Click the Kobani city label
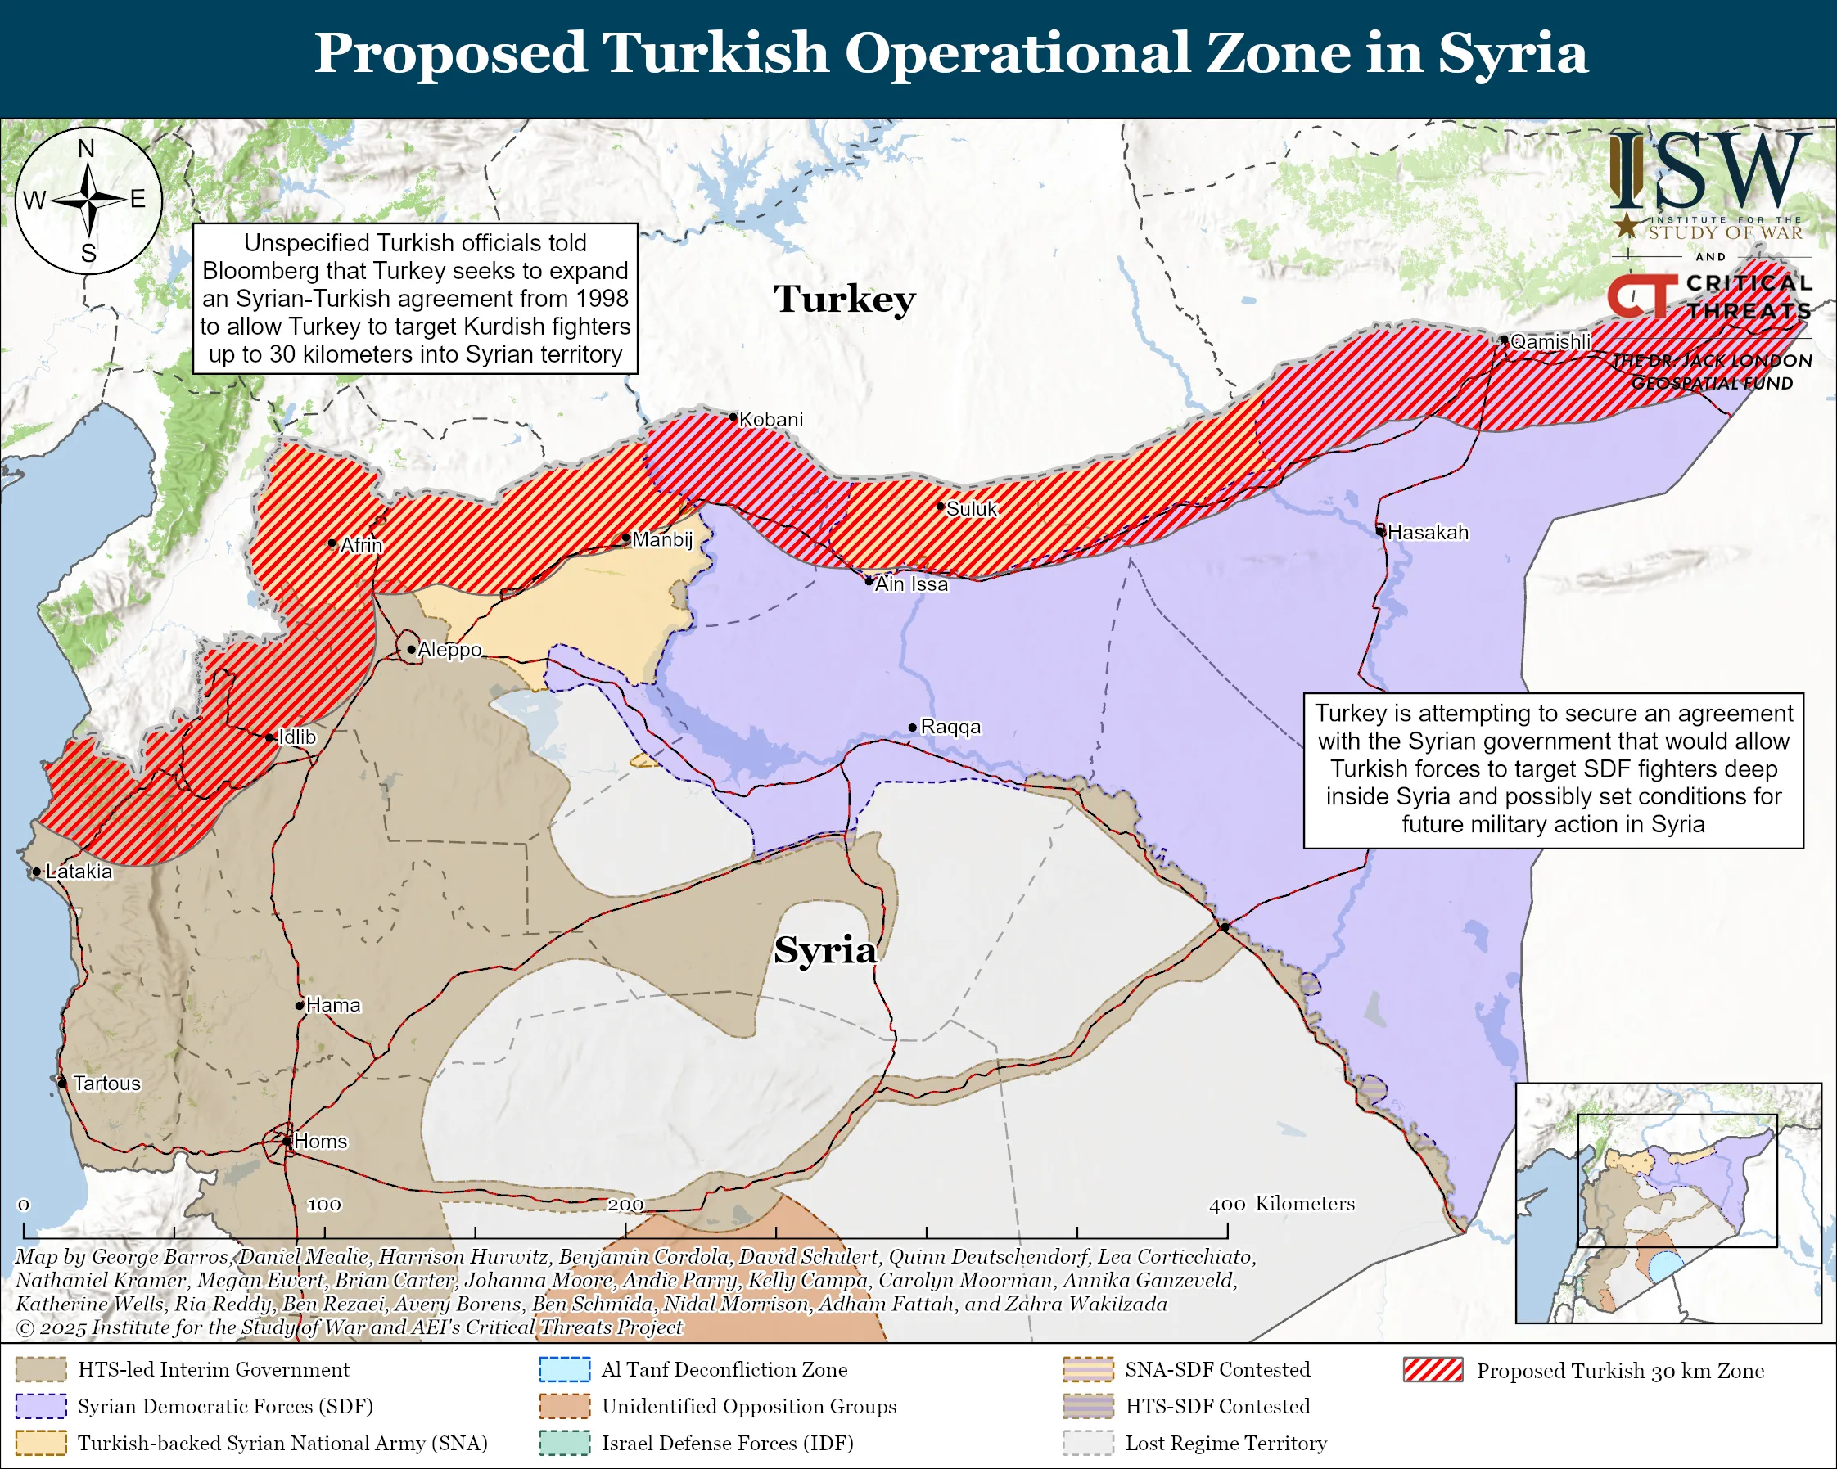pyautogui.click(x=770, y=419)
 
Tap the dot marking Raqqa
pyautogui.click(x=913, y=728)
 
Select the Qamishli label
pyautogui.click(x=1550, y=341)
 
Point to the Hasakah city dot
pyautogui.click(x=1381, y=531)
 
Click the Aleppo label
pyautogui.click(x=449, y=650)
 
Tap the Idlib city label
pyautogui.click(x=297, y=737)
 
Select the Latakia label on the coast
pyautogui.click(x=79, y=872)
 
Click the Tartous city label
pyautogui.click(x=106, y=1084)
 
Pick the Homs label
pyautogui.click(x=320, y=1141)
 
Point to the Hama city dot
pyautogui.click(x=300, y=1006)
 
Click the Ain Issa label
pyautogui.click(x=911, y=584)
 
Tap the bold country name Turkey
pyautogui.click(x=844, y=299)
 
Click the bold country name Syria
pyautogui.click(x=825, y=949)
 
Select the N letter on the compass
pyautogui.click(x=87, y=149)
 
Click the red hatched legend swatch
pyautogui.click(x=1433, y=1370)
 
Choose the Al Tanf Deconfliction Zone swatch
pyautogui.click(x=564, y=1369)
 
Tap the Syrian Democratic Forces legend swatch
pyautogui.click(x=41, y=1406)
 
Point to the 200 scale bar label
pyautogui.click(x=625, y=1204)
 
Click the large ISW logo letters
pyautogui.click(x=1708, y=171)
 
